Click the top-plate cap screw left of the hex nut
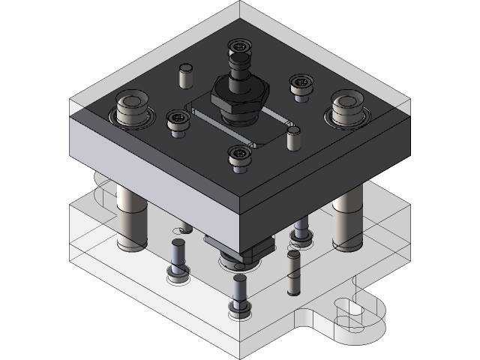177,118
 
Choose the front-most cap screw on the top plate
239,155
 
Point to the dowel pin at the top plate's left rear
184,75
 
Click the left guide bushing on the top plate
133,110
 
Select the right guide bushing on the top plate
346,109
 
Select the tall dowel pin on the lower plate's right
292,274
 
